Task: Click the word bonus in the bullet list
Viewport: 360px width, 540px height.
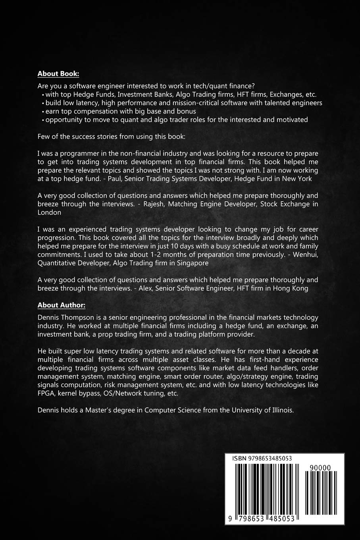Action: tap(186, 111)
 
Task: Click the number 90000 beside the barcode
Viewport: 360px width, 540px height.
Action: tap(321, 468)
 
